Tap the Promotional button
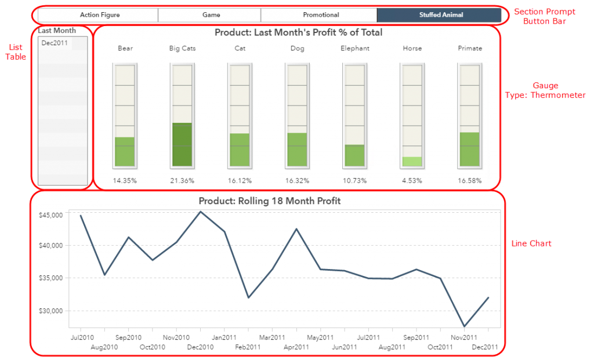321,15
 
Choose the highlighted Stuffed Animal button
441,15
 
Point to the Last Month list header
57,31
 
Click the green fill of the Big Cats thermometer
182,144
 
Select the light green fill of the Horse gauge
412,162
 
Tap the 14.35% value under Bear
125,181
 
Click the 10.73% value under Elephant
354,181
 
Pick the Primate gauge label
470,49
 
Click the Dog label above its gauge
297,49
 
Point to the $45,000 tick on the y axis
50,215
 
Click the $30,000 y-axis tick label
50,311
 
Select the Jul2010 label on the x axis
82,337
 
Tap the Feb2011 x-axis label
248,347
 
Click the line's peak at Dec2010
201,212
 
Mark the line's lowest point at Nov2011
464,326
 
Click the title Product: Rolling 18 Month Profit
269,201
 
